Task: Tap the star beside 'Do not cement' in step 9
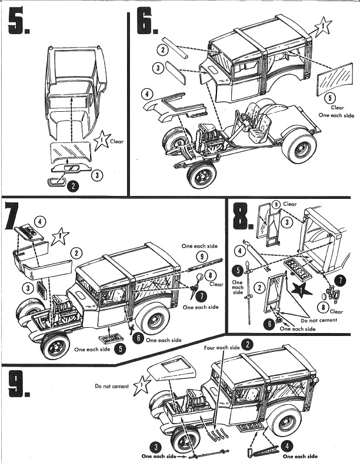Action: click(x=142, y=386)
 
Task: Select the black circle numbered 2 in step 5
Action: click(x=72, y=187)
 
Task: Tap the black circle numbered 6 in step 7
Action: click(x=138, y=337)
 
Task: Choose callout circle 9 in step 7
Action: click(x=201, y=256)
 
